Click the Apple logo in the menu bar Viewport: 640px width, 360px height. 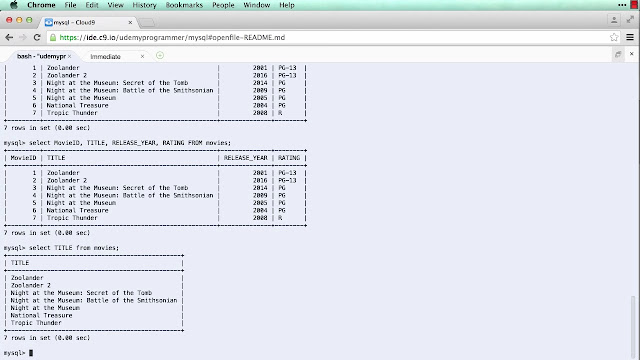click(x=13, y=5)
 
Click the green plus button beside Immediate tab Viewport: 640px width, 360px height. click(x=159, y=56)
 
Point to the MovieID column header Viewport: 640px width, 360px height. click(x=23, y=158)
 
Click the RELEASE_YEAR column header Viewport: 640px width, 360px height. click(x=245, y=158)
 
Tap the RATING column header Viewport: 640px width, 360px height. click(x=289, y=158)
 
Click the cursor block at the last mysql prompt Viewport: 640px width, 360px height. click(x=31, y=353)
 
